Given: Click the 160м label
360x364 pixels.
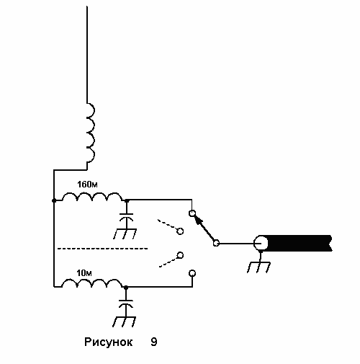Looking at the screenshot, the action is [x=87, y=185].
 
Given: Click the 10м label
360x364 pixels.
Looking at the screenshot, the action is [x=84, y=273].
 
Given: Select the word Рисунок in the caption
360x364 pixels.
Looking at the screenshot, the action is [x=109, y=342].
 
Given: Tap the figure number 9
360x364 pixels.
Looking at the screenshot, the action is [x=154, y=342].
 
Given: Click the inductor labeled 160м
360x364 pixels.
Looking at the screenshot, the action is [x=93, y=197].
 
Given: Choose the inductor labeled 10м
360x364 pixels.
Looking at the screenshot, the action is [x=92, y=283].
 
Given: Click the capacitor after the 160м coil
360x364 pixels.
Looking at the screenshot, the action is [x=127, y=216].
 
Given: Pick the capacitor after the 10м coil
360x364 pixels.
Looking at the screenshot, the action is [x=126, y=303].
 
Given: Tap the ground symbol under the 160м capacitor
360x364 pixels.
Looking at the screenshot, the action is [x=125, y=233].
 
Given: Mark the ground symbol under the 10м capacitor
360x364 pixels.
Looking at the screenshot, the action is [x=125, y=321].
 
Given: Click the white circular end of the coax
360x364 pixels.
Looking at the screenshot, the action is [x=261, y=244].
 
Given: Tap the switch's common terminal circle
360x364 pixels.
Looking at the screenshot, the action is [x=216, y=244].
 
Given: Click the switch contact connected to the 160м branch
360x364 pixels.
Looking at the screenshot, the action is [x=192, y=213].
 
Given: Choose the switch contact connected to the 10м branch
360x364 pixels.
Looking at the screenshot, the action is [x=192, y=273].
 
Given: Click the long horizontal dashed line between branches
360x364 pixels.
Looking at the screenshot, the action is [x=103, y=249].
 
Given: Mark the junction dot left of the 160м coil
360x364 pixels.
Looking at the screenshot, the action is [x=54, y=200].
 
